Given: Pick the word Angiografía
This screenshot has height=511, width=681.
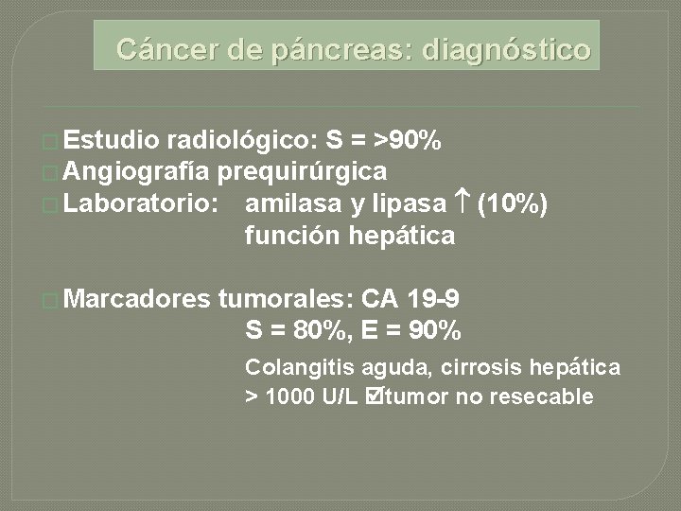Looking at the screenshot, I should [x=140, y=171].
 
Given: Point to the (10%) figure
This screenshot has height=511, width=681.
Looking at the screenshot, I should [x=513, y=203].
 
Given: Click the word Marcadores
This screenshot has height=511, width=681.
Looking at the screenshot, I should [x=139, y=300].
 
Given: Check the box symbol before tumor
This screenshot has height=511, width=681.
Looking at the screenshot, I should [x=373, y=396].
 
